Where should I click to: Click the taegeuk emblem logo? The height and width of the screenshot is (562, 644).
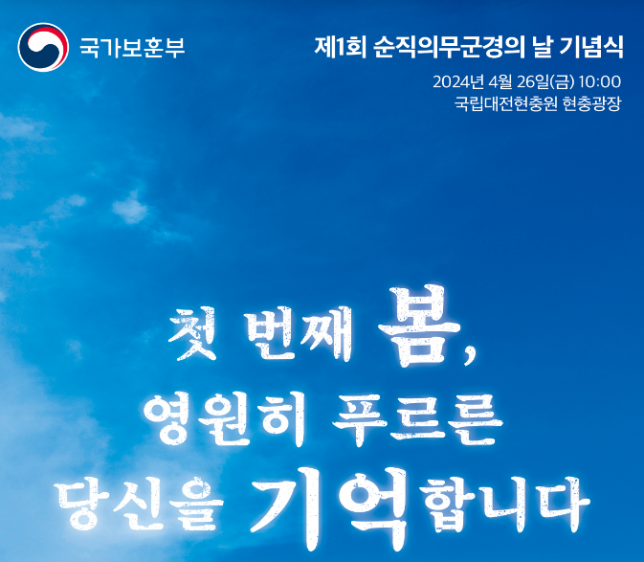point(43,47)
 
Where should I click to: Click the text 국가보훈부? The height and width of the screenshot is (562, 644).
point(132,47)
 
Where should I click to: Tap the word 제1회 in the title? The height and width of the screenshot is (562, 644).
point(340,47)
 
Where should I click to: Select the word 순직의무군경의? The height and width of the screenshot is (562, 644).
point(450,47)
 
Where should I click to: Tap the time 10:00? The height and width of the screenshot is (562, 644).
point(600,81)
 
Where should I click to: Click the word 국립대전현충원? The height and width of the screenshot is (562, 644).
point(505,103)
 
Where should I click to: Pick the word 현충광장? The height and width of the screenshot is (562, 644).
point(591,103)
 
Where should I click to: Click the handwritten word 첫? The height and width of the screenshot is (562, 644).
point(193,333)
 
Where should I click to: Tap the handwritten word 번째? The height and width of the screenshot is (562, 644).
point(299,333)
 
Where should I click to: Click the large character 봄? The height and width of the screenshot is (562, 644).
point(419,326)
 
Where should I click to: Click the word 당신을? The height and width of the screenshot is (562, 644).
point(139,504)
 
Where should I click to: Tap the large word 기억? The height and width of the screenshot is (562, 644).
point(329,509)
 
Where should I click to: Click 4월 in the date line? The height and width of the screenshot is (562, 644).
point(500,81)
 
